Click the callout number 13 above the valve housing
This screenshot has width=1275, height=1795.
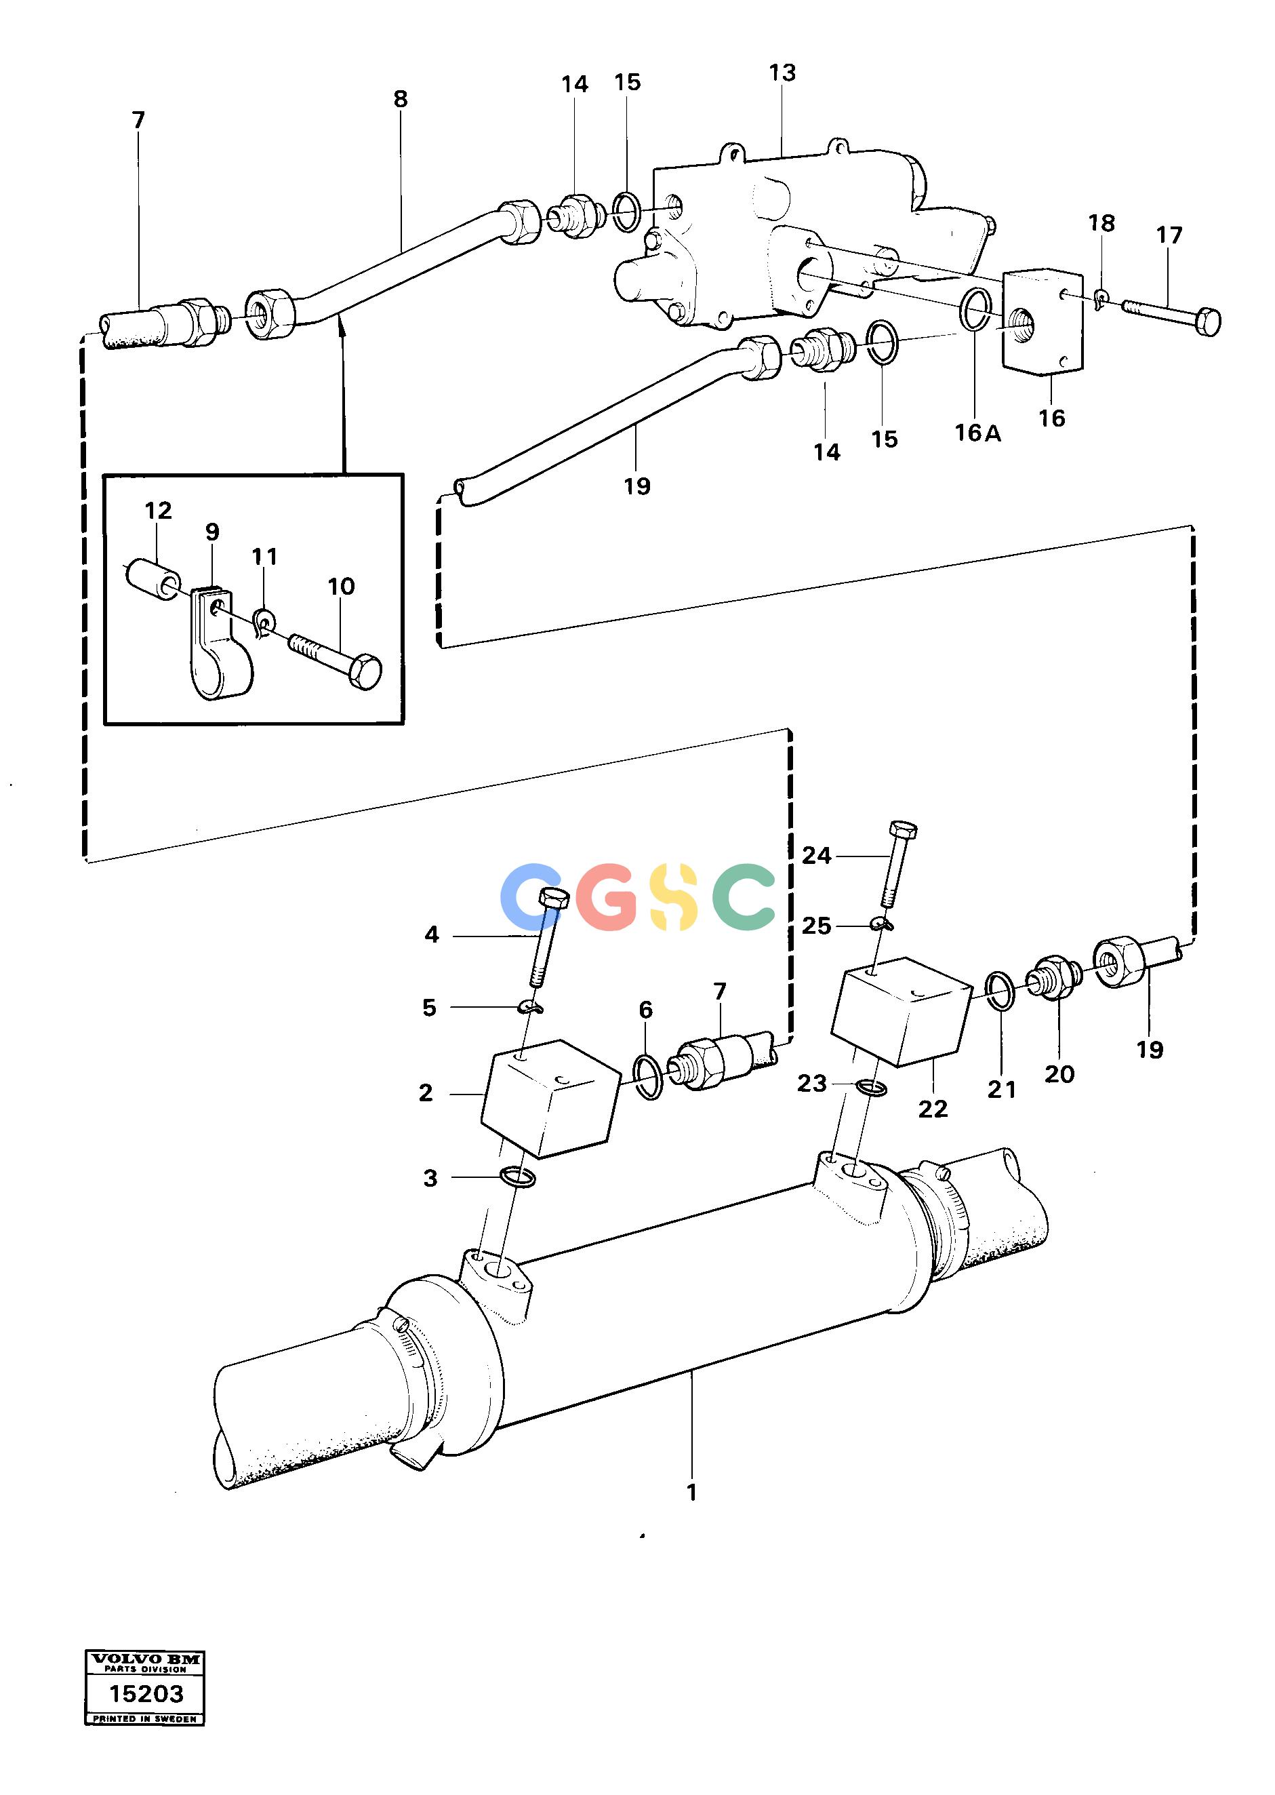click(782, 73)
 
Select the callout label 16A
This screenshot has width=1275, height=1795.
click(977, 433)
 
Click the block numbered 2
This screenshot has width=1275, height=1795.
click(550, 1098)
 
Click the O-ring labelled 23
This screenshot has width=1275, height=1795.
click(869, 1088)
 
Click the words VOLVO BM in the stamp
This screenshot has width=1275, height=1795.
click(145, 1659)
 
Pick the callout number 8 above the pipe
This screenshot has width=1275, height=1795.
click(401, 99)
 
